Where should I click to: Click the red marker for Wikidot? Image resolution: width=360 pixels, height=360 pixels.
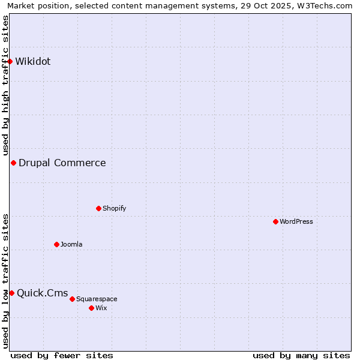[x=10, y=61]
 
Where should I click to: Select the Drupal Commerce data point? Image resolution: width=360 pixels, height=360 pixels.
[x=13, y=163]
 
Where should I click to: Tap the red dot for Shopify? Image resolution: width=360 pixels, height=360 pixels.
[x=98, y=208]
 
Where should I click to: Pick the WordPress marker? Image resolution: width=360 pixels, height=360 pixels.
[x=275, y=221]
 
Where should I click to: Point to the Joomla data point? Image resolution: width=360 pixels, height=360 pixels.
[x=56, y=244]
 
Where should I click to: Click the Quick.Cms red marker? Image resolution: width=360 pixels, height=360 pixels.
[x=11, y=293]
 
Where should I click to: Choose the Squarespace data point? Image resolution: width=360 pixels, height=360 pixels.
[x=72, y=299]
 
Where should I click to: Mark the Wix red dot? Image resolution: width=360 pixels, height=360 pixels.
[x=91, y=308]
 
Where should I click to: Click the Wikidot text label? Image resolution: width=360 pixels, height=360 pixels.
[x=33, y=61]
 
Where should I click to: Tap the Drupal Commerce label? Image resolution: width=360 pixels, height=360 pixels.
[x=62, y=163]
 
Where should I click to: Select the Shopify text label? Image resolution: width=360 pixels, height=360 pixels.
[x=115, y=208]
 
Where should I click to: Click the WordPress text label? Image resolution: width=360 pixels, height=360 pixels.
[x=296, y=221]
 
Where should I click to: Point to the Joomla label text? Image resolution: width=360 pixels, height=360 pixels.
[x=71, y=244]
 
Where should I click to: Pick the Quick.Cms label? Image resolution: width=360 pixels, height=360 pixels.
[x=43, y=293]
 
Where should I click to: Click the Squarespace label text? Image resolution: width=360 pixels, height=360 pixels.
[x=97, y=299]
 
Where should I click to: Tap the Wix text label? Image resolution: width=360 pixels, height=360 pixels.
[x=101, y=308]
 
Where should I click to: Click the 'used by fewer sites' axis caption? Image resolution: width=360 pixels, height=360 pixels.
[x=62, y=355]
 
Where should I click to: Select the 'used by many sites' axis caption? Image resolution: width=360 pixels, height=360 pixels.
[x=301, y=355]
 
